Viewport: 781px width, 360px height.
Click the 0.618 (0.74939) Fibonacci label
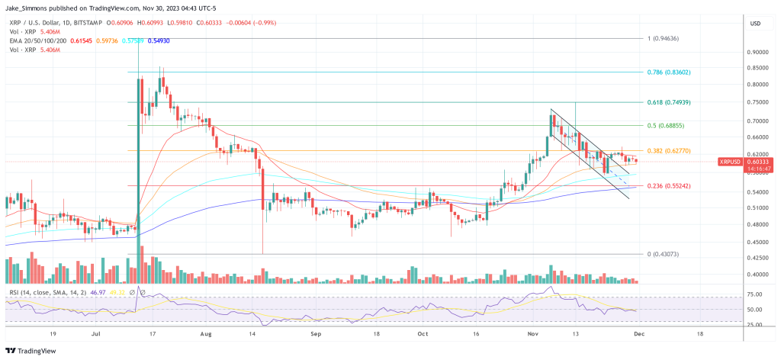(x=669, y=102)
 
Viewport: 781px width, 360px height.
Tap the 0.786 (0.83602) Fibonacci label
(x=669, y=72)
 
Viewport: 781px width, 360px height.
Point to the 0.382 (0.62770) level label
(x=669, y=151)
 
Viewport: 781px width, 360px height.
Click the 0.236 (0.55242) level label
(x=669, y=185)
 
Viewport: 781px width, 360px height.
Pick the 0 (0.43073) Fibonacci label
(x=664, y=253)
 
